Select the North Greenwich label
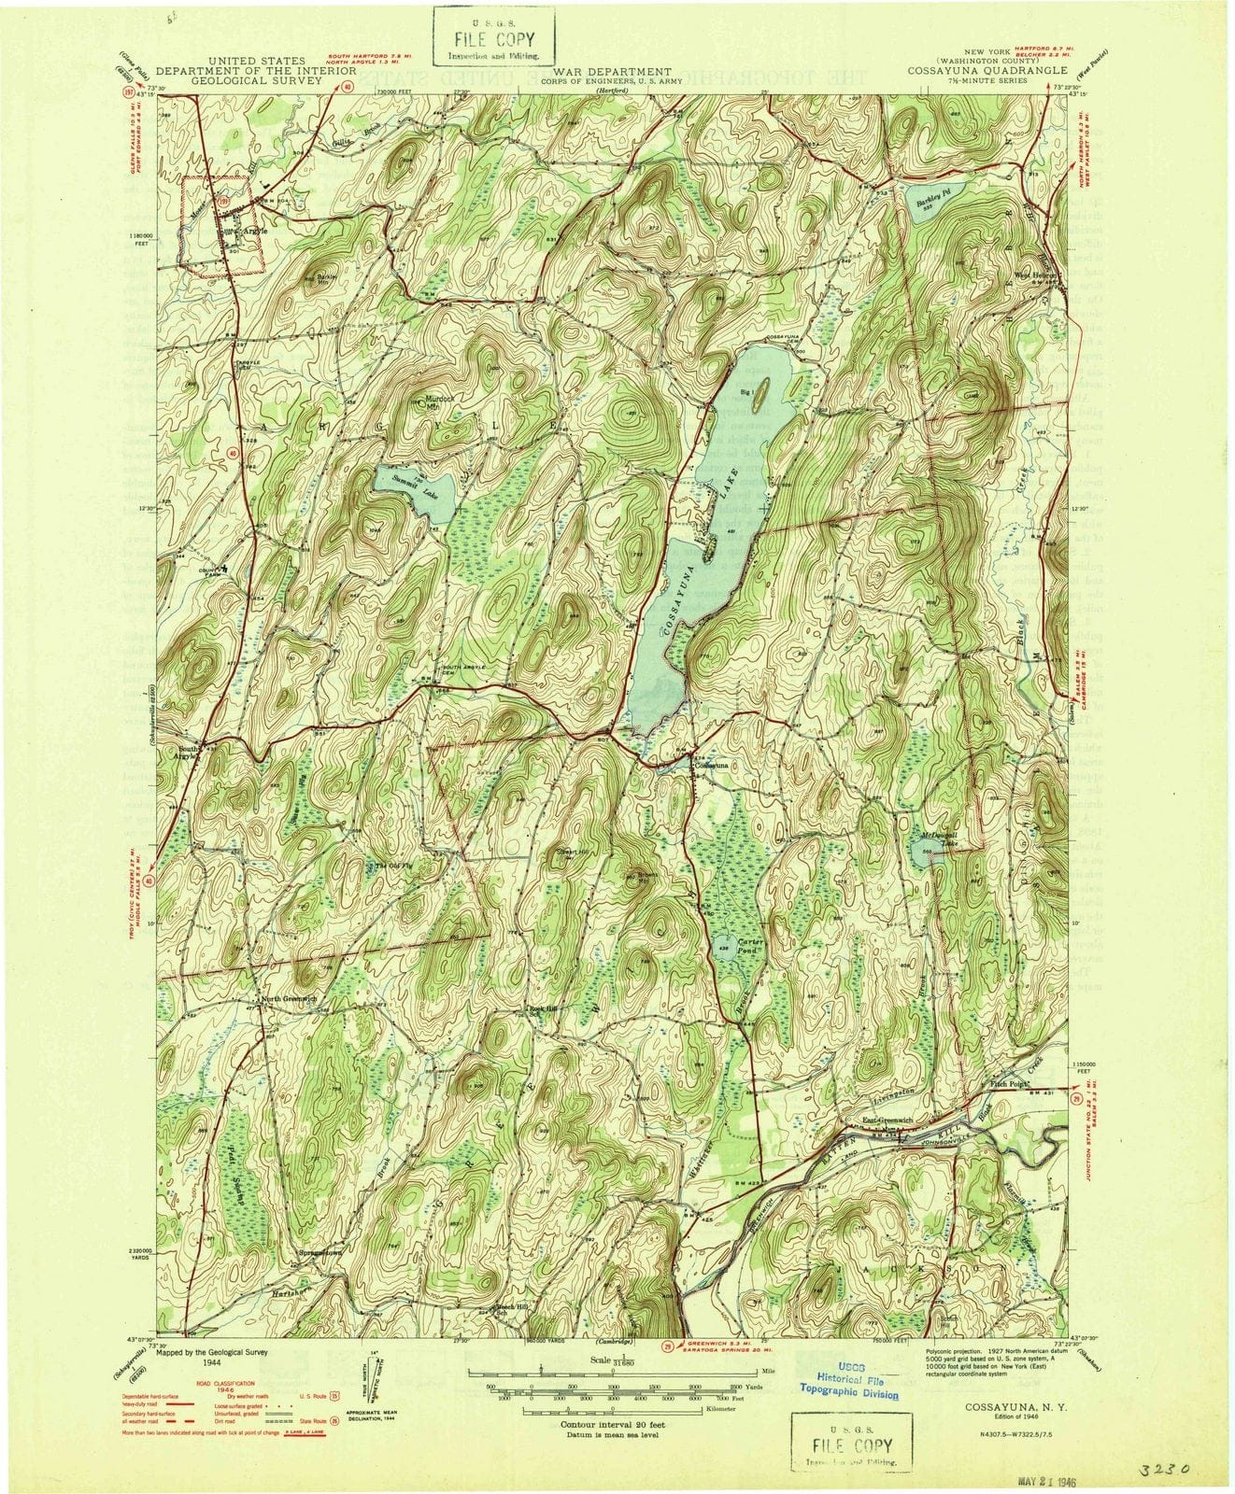click(x=291, y=999)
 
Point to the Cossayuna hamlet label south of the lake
click(x=712, y=765)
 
